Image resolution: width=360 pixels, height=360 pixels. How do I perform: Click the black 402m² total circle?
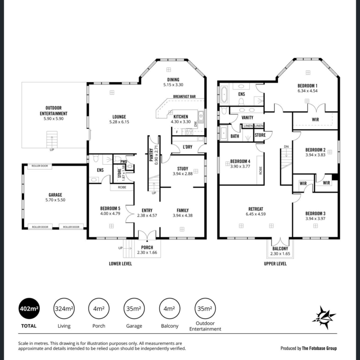(x=29, y=309)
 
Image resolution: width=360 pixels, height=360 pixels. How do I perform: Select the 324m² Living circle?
(x=64, y=309)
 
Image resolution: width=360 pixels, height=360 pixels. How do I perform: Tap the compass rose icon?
(x=324, y=318)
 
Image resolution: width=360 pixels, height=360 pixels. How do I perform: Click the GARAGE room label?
(x=55, y=195)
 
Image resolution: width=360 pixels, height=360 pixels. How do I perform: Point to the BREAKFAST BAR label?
(x=184, y=96)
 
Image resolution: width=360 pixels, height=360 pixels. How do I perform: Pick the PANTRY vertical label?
(x=151, y=155)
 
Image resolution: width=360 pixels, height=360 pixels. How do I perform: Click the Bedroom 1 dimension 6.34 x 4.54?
(x=308, y=90)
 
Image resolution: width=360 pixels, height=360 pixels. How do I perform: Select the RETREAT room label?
(x=256, y=209)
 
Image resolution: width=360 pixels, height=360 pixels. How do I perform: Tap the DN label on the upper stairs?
(x=286, y=147)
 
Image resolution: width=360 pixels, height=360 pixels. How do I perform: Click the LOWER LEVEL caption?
(x=120, y=264)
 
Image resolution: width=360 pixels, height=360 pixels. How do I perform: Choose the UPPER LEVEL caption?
(x=275, y=264)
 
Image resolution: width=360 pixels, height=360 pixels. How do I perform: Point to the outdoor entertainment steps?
(x=52, y=139)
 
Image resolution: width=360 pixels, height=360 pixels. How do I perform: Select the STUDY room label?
(x=183, y=168)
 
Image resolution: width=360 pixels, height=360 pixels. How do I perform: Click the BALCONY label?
(x=280, y=249)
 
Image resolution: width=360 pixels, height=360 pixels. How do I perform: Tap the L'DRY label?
(x=187, y=147)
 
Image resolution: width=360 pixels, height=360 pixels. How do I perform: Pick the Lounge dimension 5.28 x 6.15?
(x=119, y=122)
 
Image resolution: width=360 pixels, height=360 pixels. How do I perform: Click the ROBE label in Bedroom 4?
(x=261, y=170)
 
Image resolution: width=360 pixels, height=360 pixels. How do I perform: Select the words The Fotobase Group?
(x=319, y=348)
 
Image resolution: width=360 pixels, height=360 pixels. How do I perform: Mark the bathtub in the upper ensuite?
(x=224, y=95)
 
